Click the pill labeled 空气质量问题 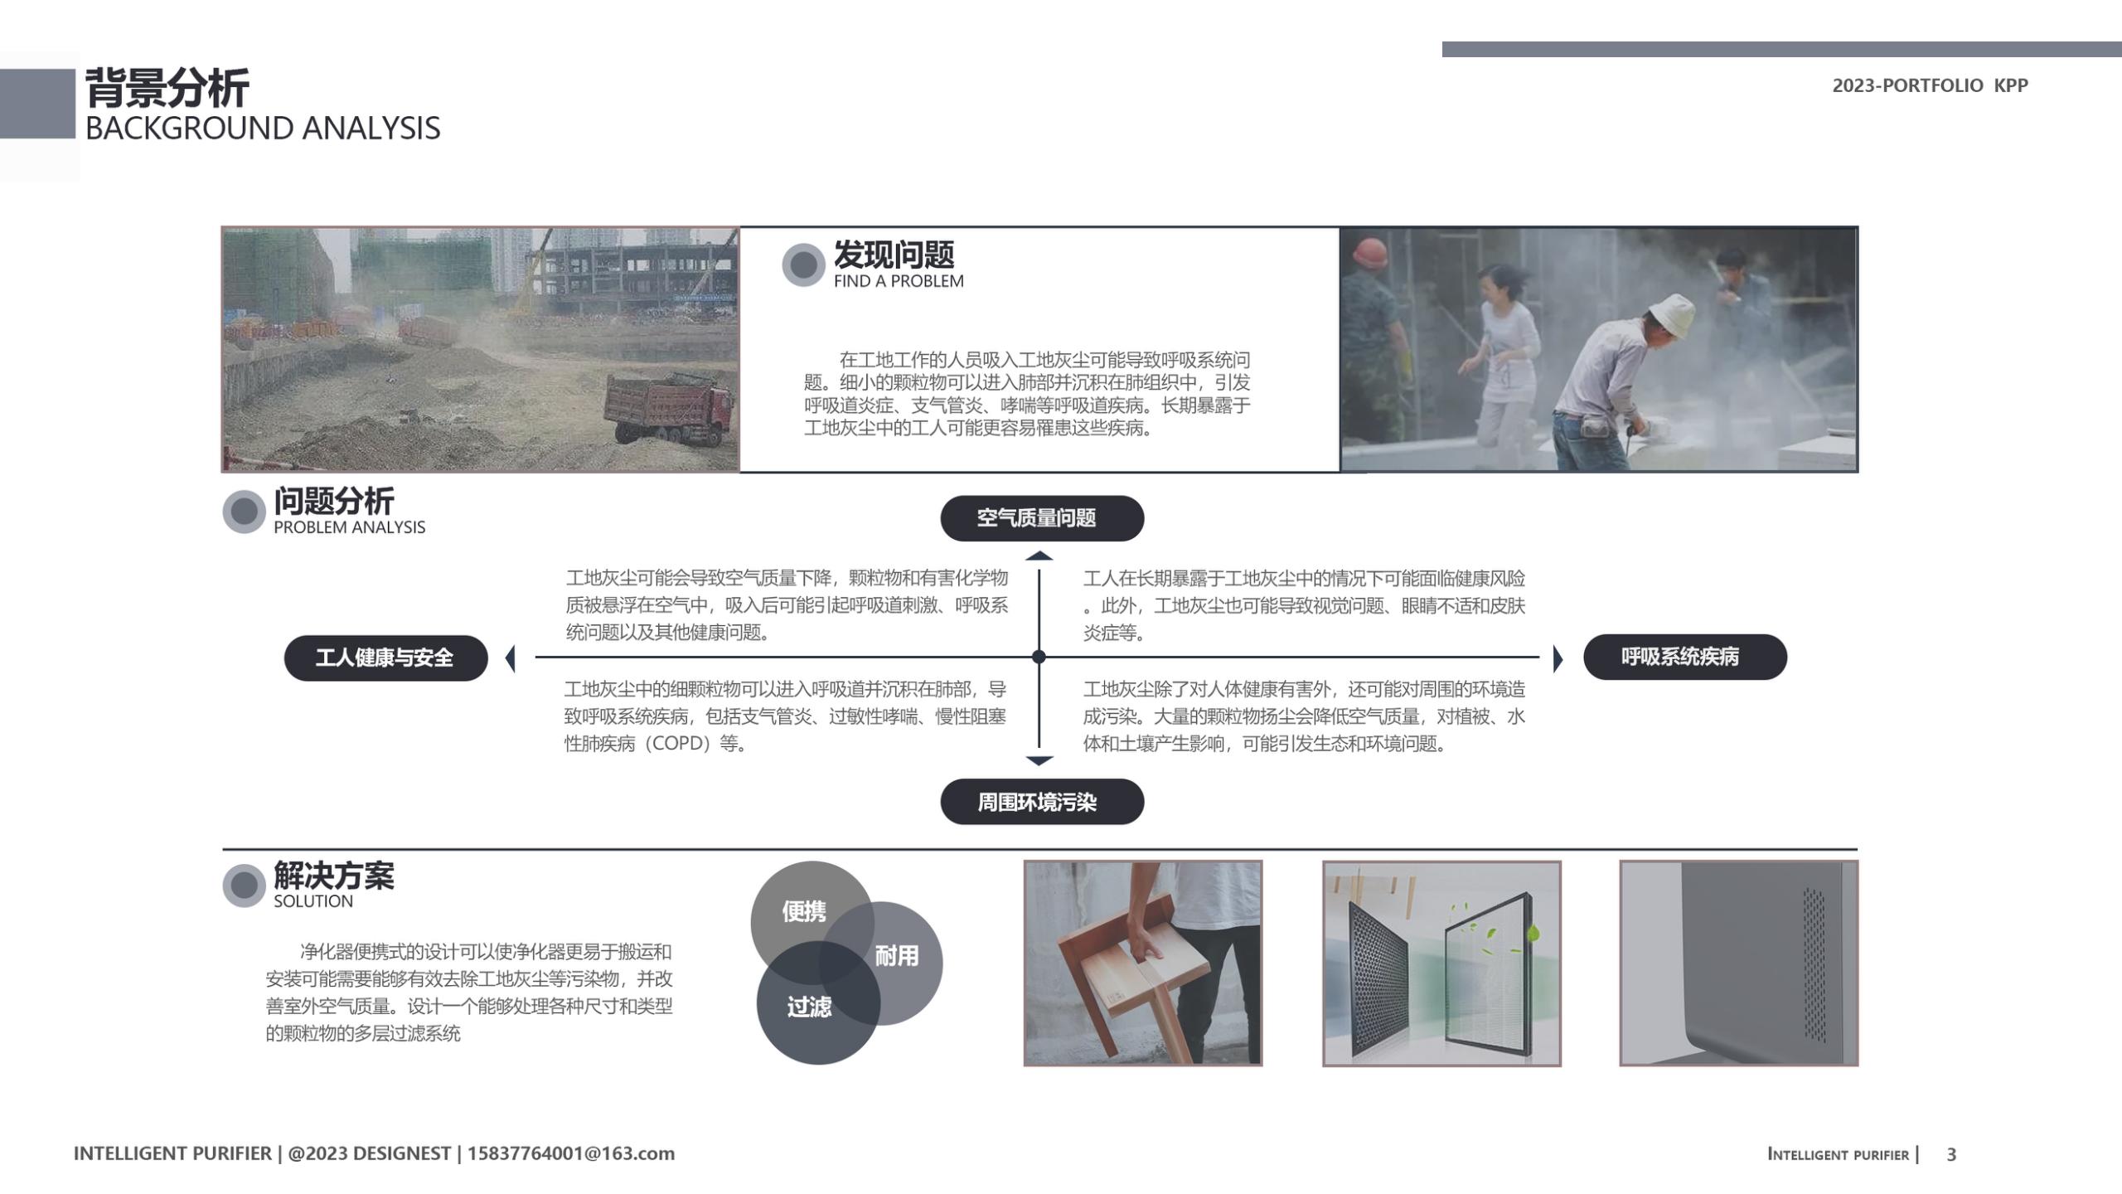click(1041, 518)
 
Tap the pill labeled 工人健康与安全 click(385, 658)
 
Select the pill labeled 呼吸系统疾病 click(1684, 657)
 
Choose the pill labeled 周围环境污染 click(1041, 802)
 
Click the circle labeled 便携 click(802, 911)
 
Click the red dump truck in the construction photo click(667, 406)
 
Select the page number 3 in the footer click(1951, 1154)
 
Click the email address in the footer click(571, 1153)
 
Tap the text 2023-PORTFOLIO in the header click(1907, 85)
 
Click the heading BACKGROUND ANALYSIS click(263, 129)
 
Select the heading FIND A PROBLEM click(899, 281)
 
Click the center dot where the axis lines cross click(1039, 657)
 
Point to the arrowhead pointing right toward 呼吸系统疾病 click(1558, 658)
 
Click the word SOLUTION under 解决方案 click(313, 901)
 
